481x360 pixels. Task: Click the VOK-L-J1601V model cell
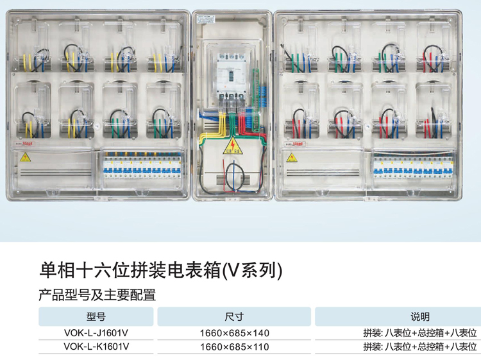click(96, 332)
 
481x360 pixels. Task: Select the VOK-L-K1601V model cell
click(96, 347)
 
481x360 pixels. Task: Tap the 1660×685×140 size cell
click(234, 333)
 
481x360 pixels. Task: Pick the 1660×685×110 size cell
click(234, 347)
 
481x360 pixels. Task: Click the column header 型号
click(96, 316)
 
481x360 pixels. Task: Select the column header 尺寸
click(234, 316)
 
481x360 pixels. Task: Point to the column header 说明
click(420, 316)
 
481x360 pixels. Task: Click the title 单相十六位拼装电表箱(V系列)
click(160, 270)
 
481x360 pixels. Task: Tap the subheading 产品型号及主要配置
click(97, 295)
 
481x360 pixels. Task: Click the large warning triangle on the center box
click(233, 146)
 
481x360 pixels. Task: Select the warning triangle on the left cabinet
click(25, 157)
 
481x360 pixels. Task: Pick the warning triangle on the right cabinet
click(292, 158)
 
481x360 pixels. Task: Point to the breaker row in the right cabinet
click(413, 166)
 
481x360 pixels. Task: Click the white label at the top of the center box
click(206, 19)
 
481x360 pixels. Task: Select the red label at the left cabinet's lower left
click(24, 143)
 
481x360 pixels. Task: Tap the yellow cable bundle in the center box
click(215, 129)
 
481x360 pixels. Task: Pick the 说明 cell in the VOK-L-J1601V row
click(420, 332)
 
